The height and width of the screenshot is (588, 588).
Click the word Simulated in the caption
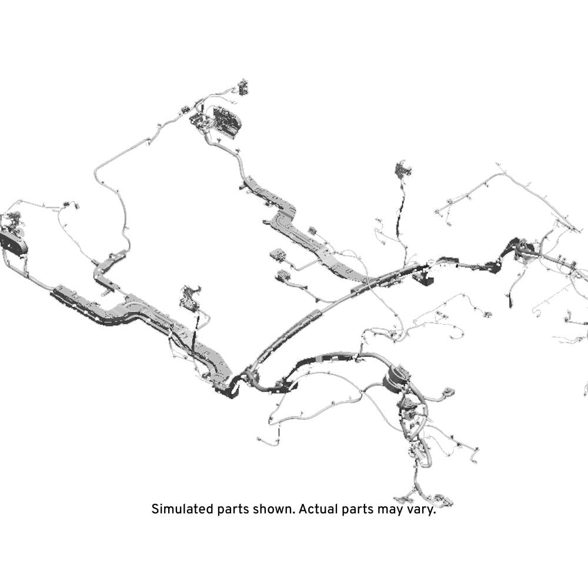click(x=183, y=509)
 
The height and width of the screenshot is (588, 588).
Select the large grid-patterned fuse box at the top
click(x=226, y=121)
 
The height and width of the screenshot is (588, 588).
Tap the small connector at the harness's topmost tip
click(x=243, y=87)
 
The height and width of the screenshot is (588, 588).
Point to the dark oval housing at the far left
click(x=14, y=245)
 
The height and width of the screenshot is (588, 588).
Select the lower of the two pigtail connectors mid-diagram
click(x=283, y=276)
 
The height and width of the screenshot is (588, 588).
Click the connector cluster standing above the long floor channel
click(x=190, y=298)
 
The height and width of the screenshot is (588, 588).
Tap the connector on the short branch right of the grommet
click(x=449, y=393)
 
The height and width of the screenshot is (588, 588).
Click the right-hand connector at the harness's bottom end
click(x=443, y=500)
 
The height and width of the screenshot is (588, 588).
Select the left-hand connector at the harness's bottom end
click(x=403, y=499)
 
